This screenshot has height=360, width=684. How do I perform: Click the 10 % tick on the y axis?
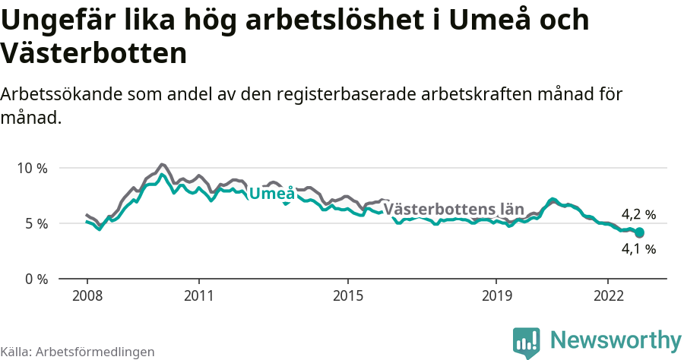(x=31, y=168)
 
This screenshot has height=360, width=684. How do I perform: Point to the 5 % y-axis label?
(x=34, y=223)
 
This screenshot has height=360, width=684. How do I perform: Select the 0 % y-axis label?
(x=34, y=279)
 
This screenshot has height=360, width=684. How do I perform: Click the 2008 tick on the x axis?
(x=87, y=295)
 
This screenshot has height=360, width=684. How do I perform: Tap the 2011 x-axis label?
(x=198, y=295)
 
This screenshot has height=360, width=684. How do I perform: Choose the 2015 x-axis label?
(x=347, y=295)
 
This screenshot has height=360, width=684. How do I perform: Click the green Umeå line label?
(x=272, y=194)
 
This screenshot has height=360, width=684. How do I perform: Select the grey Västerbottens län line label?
(x=454, y=209)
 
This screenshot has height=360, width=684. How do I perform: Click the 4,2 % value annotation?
(x=638, y=215)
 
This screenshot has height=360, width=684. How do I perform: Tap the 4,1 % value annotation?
(x=638, y=248)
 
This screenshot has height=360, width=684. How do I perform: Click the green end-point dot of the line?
(x=639, y=232)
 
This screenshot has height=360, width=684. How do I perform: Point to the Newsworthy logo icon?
(x=526, y=343)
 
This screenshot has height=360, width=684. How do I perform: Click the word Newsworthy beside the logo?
(x=616, y=339)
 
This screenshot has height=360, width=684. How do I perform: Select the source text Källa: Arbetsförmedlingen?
(x=78, y=352)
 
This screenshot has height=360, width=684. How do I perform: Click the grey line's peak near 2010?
(x=162, y=164)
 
